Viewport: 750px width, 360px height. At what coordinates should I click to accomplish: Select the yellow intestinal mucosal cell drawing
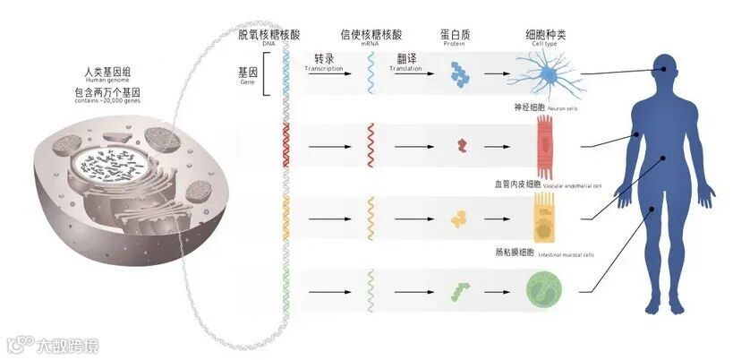[543, 217]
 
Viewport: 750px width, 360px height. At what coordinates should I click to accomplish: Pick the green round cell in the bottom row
[543, 291]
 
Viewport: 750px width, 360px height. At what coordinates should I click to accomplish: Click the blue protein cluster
[459, 71]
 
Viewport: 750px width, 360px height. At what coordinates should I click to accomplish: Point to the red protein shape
[462, 143]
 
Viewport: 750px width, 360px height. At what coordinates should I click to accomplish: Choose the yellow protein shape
[460, 217]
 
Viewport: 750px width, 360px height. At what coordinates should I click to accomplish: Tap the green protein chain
[461, 290]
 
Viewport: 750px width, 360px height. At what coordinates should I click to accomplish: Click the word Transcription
[324, 69]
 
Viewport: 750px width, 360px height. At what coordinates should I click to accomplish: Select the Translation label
[405, 69]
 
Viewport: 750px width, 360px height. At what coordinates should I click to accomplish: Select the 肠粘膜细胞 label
[512, 253]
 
